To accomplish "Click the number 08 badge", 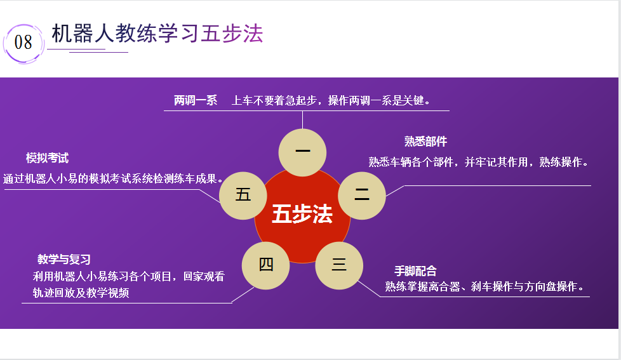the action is [x=23, y=43].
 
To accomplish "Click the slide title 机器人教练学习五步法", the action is [x=157, y=33].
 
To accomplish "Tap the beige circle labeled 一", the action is [x=303, y=152].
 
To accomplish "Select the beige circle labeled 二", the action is [x=362, y=196].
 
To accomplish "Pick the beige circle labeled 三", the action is [x=339, y=265].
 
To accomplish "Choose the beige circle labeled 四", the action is [x=266, y=265].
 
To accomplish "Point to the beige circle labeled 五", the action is [x=243, y=196].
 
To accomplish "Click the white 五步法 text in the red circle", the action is [x=302, y=214].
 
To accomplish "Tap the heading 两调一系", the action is [x=196, y=100].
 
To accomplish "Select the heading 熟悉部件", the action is [x=426, y=142].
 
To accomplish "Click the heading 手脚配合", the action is [x=415, y=271].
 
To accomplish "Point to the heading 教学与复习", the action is [x=64, y=260].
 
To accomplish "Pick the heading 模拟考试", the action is [x=47, y=158].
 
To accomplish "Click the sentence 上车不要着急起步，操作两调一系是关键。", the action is [x=331, y=100].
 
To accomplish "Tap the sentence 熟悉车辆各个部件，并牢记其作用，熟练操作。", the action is [x=479, y=162].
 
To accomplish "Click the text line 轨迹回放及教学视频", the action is [x=81, y=293].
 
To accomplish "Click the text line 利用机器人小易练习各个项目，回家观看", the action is [x=129, y=276].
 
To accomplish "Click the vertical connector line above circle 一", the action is [x=303, y=120].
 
